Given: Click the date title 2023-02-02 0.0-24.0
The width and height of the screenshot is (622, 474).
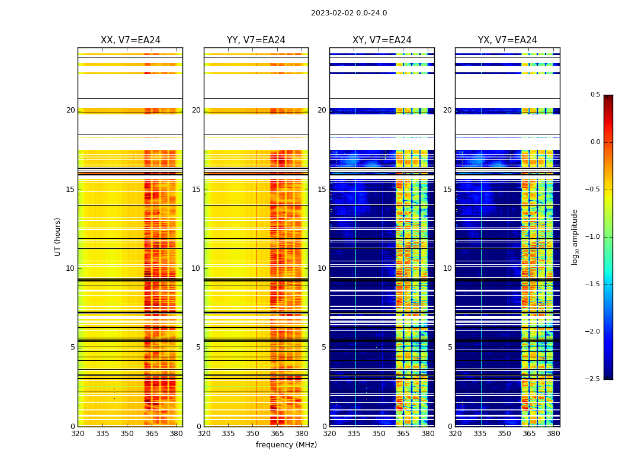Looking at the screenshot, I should click(349, 13).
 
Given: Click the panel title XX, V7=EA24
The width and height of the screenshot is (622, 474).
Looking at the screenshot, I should click(130, 40).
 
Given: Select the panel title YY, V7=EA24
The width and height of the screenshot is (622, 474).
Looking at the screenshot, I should click(256, 40).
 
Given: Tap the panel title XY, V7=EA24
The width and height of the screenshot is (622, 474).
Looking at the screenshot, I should click(382, 40).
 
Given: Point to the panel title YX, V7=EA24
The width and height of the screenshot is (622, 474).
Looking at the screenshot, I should click(508, 40).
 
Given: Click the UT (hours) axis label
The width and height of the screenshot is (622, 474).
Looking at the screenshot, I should click(58, 236).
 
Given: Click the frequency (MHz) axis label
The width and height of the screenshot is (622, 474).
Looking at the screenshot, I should click(286, 445).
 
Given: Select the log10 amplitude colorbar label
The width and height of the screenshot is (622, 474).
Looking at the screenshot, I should click(575, 236).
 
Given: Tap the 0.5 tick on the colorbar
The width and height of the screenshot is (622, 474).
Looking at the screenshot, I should click(595, 95).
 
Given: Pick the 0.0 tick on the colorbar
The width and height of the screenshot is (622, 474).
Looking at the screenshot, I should click(595, 142).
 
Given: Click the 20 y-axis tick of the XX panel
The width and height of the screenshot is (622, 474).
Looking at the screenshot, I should click(70, 110).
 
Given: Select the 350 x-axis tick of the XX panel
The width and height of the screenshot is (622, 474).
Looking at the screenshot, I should click(127, 433).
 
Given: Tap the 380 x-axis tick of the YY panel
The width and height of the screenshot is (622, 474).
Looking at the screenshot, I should click(302, 433).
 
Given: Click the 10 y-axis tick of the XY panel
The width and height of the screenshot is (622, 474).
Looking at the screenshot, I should click(322, 268).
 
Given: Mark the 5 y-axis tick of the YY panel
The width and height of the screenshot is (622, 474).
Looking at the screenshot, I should click(198, 347).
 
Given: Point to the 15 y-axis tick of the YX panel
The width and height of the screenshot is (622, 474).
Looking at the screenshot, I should click(447, 190).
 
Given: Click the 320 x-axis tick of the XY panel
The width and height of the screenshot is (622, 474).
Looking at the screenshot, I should click(330, 433).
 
